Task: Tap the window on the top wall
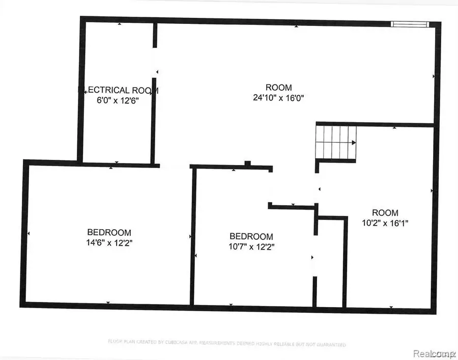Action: [x=410, y=23]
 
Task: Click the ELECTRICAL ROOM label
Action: [x=118, y=90]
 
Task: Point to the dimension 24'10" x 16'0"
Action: [x=279, y=97]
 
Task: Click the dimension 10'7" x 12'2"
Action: [x=251, y=246]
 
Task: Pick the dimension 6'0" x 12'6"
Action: [x=118, y=100]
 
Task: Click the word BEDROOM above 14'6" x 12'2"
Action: [x=109, y=232]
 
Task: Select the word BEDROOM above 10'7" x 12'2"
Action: [x=251, y=236]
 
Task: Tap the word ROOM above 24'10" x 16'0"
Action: [x=279, y=87]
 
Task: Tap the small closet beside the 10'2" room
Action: [x=330, y=262]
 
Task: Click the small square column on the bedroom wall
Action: [x=247, y=163]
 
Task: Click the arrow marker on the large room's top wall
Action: [x=296, y=26]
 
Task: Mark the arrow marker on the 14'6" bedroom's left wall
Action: [x=28, y=234]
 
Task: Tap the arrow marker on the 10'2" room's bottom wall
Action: [x=391, y=307]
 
